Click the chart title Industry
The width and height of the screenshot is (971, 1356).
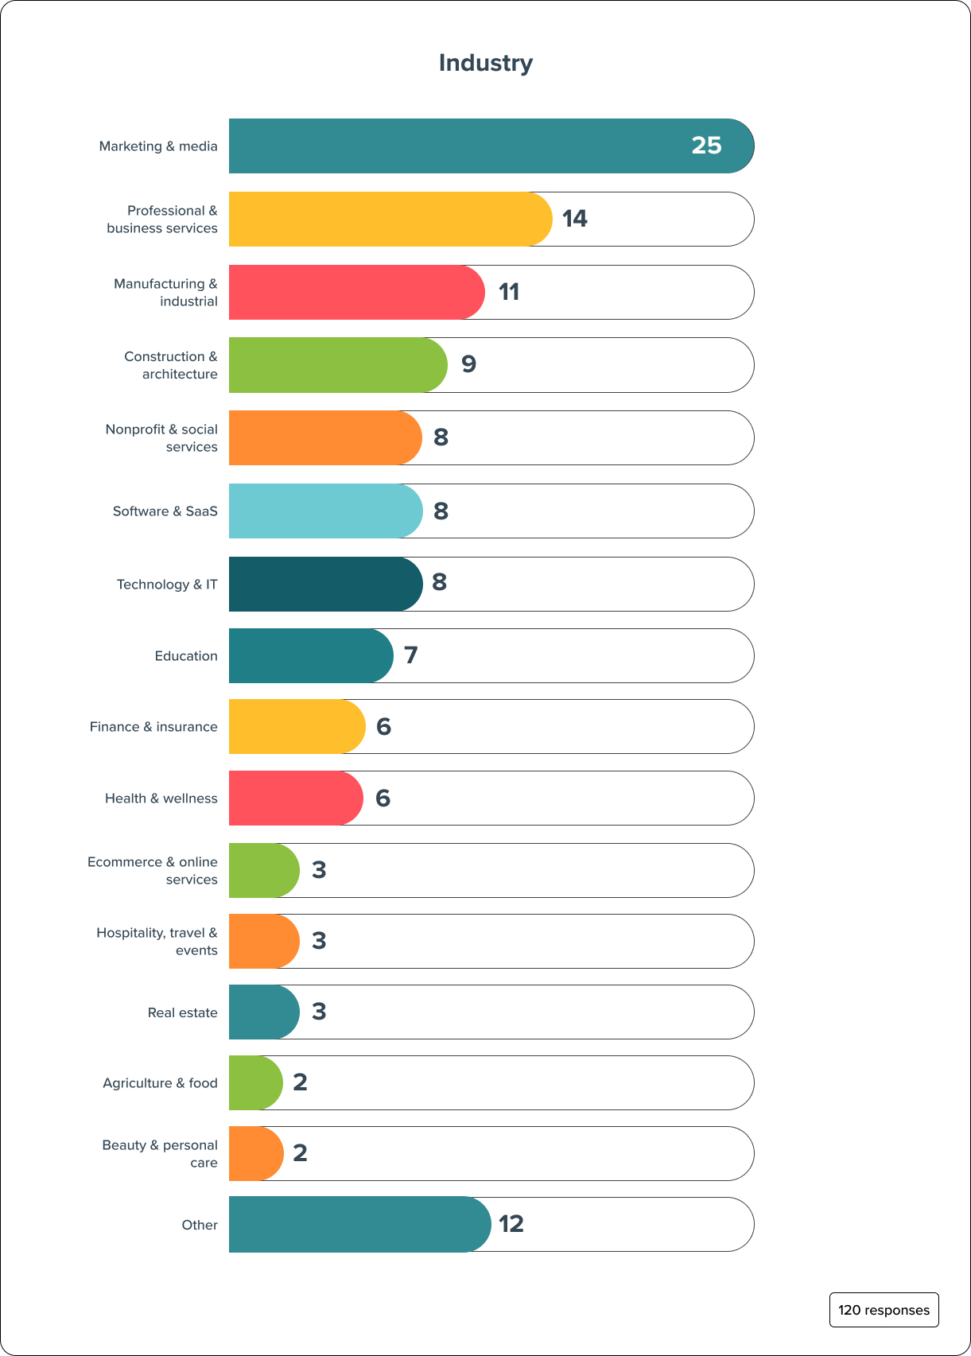486,63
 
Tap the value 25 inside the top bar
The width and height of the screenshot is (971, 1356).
706,146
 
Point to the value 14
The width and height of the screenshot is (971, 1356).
574,219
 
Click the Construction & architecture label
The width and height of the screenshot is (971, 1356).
170,365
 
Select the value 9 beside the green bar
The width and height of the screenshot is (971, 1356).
468,364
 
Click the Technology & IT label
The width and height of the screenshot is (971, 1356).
167,585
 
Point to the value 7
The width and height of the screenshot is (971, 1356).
410,655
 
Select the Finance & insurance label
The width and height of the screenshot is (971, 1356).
153,727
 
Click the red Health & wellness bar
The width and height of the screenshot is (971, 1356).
295,798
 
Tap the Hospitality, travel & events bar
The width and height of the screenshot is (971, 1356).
263,942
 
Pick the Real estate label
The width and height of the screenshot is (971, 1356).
182,1012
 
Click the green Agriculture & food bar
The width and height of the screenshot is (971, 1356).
255,1083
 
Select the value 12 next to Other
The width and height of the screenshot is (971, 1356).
511,1224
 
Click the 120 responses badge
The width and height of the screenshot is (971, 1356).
884,1310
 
